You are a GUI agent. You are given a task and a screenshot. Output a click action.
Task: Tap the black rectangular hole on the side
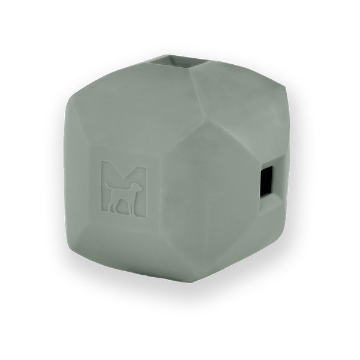click(266, 182)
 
